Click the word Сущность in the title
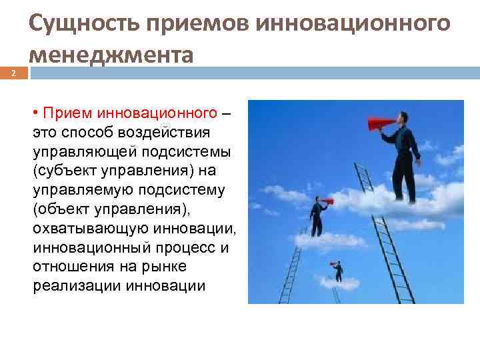[81, 24]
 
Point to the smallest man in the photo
[339, 271]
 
